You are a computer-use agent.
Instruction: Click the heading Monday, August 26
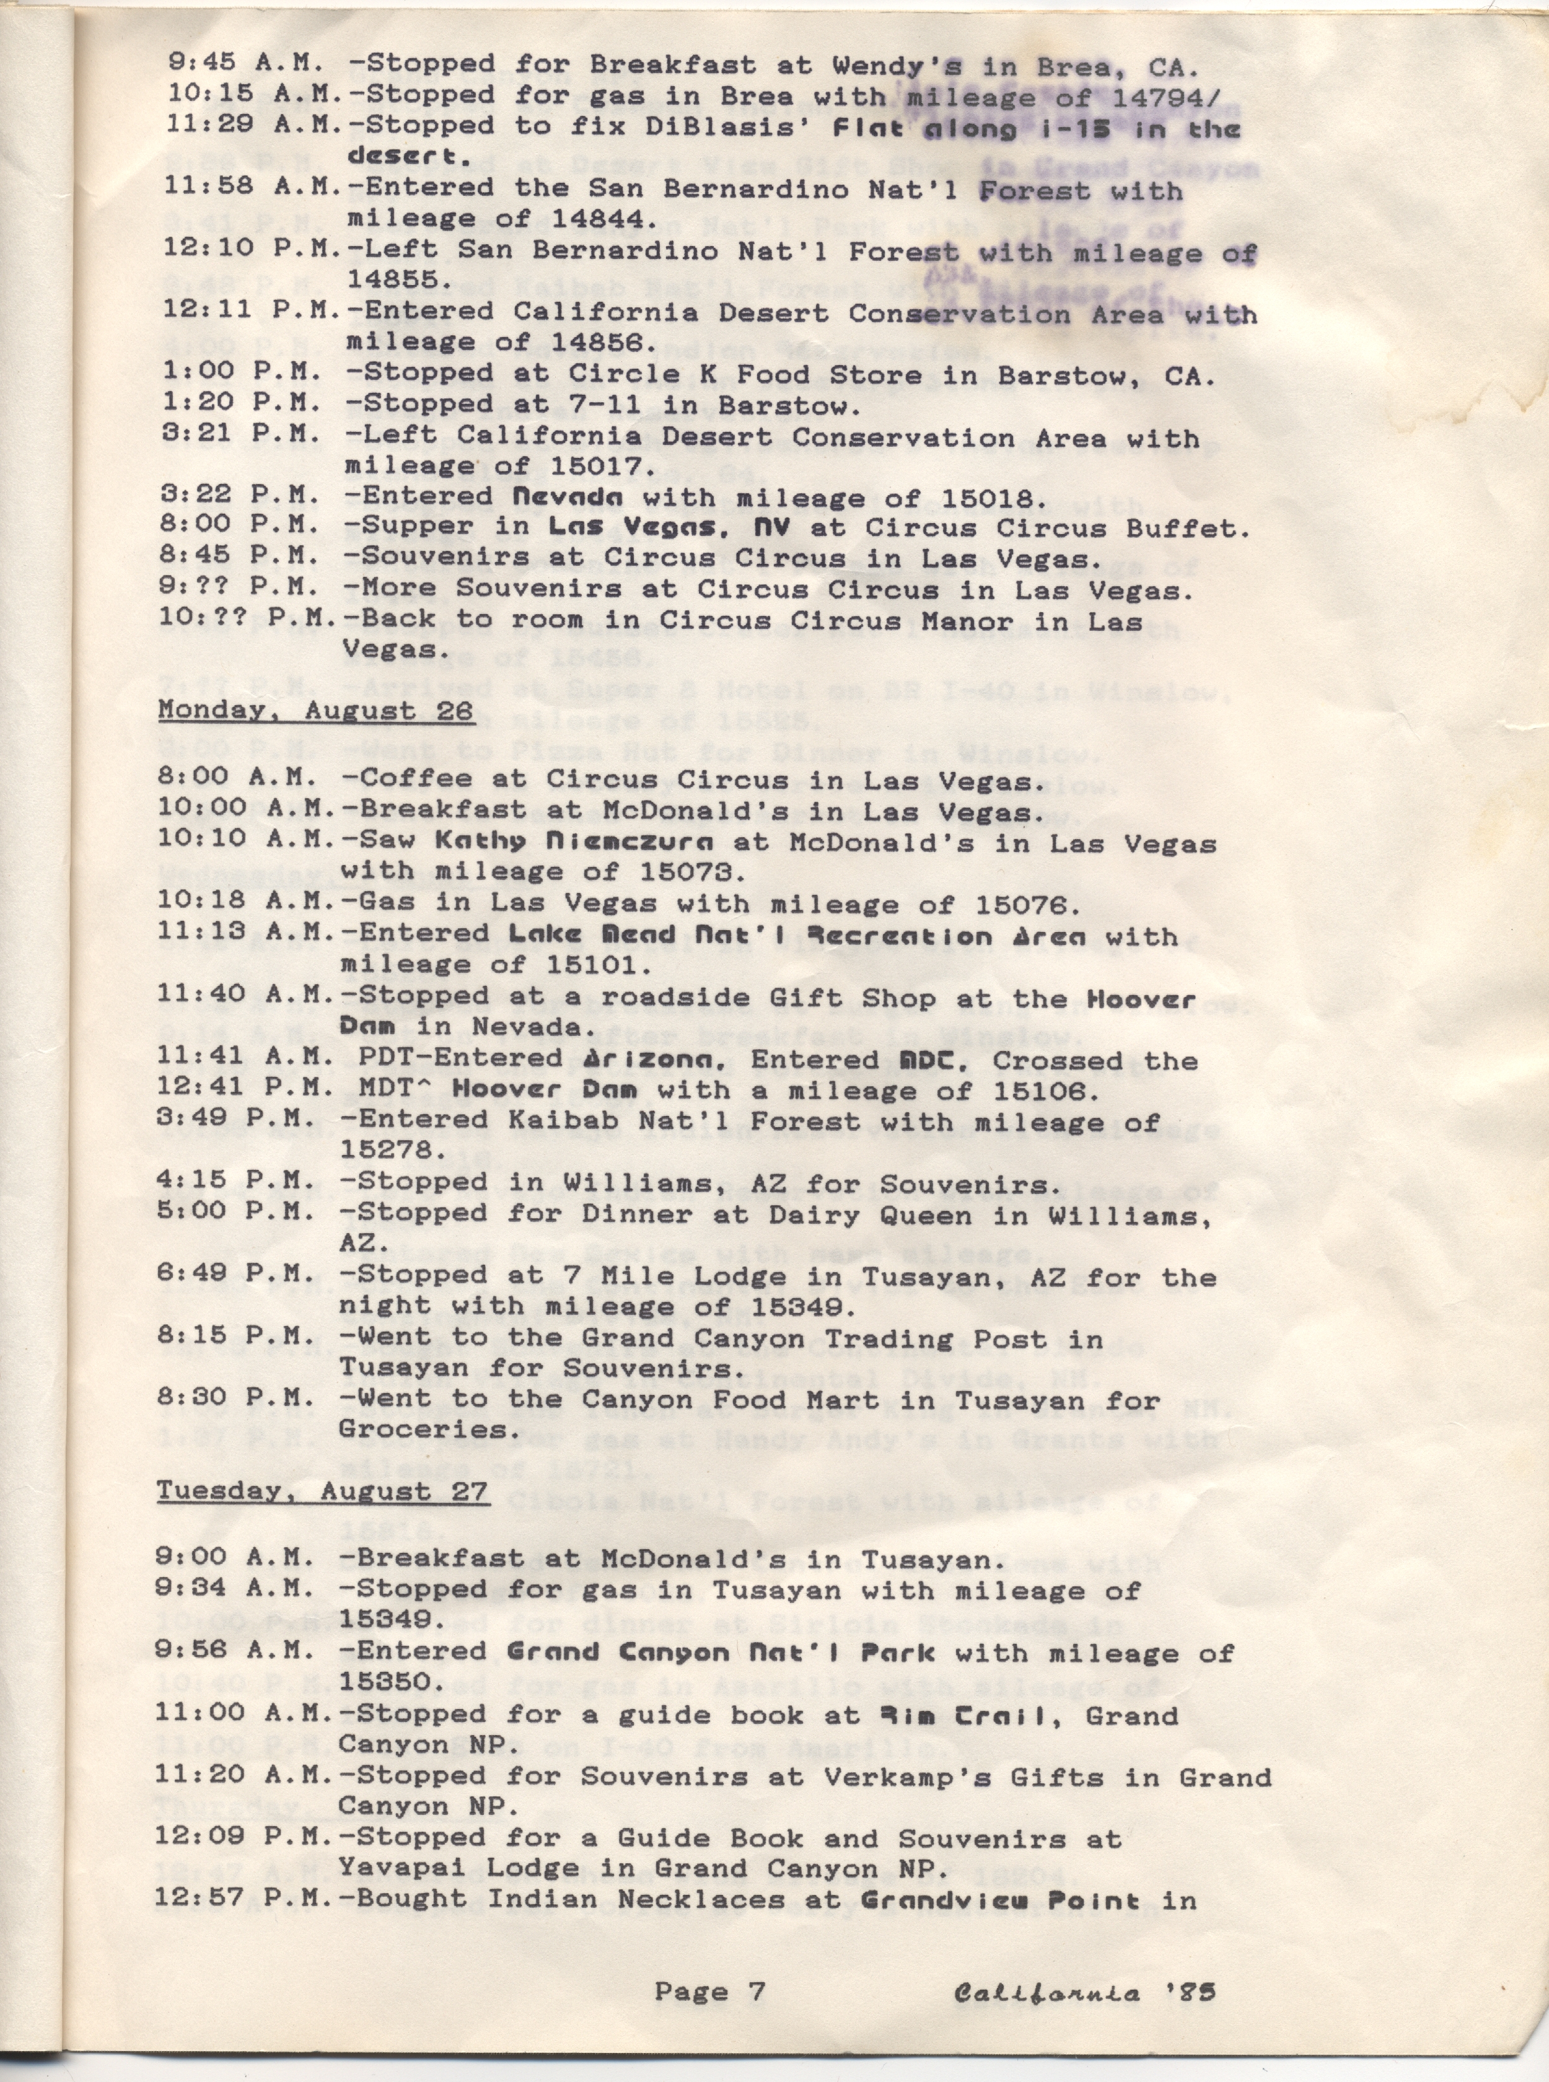tap(315, 710)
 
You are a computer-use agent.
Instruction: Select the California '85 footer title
tap(1084, 1990)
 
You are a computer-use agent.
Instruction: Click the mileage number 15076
tap(1028, 906)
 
